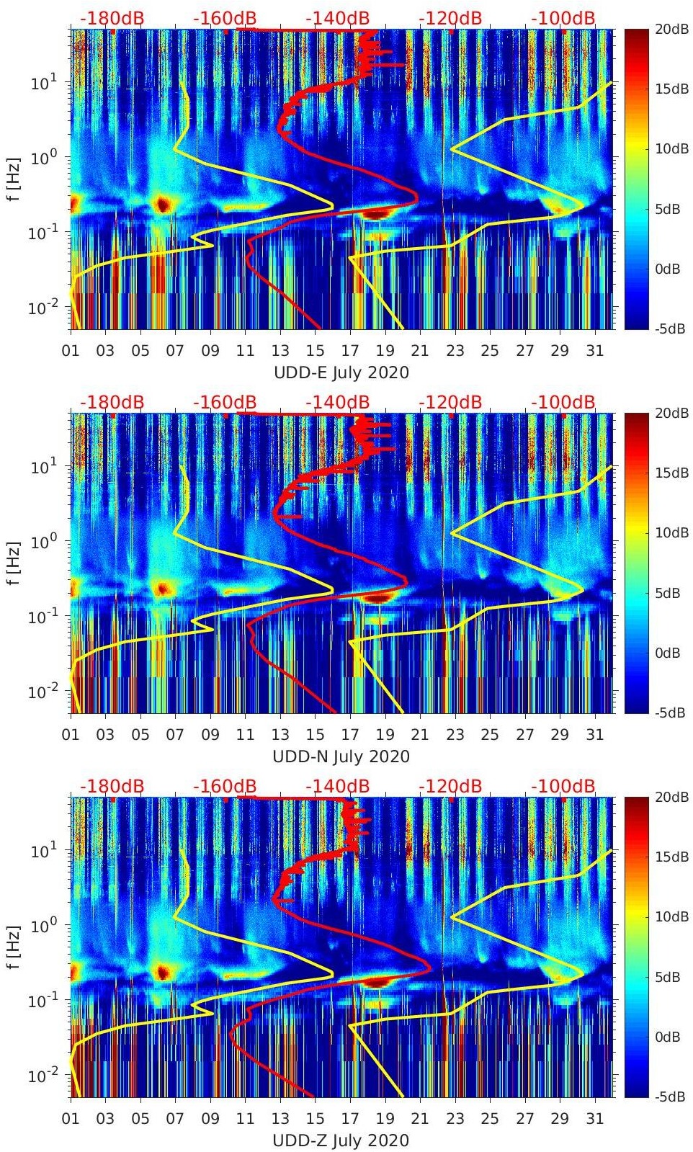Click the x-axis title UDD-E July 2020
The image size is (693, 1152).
(x=341, y=372)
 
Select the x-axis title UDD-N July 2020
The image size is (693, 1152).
(x=341, y=756)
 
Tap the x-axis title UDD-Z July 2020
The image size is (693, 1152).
(x=341, y=1140)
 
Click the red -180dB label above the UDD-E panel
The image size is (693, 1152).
(x=112, y=18)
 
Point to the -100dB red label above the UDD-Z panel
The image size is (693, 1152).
(x=563, y=786)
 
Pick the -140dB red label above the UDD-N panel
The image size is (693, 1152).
(x=337, y=402)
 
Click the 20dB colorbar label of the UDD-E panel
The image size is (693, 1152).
(x=670, y=29)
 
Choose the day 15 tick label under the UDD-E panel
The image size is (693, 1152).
(x=315, y=351)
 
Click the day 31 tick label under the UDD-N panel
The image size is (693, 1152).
(x=594, y=735)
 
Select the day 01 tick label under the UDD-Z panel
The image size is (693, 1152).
(x=71, y=1119)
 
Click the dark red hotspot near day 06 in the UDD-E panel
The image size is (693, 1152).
(x=163, y=204)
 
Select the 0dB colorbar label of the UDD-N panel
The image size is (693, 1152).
(x=670, y=653)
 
